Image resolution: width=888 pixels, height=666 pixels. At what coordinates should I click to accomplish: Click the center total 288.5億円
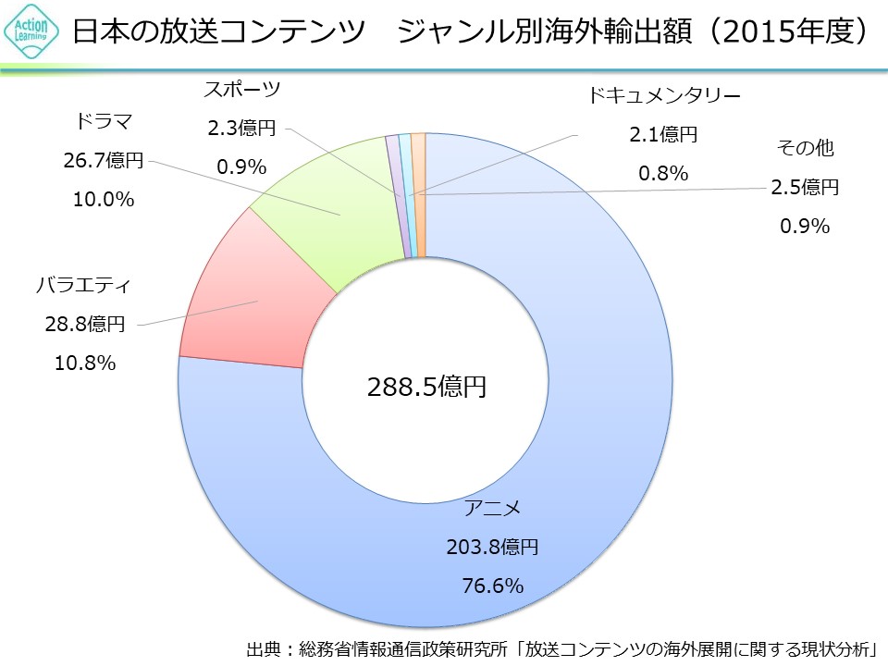(425, 387)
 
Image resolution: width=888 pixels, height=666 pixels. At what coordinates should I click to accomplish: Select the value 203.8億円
(492, 547)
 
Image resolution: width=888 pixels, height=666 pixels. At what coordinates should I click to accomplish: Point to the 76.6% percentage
(492, 586)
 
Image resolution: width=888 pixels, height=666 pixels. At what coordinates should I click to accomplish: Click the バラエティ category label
(83, 285)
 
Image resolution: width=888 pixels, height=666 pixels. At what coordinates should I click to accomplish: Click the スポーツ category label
(241, 90)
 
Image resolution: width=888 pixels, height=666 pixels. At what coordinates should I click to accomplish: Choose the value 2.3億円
(241, 129)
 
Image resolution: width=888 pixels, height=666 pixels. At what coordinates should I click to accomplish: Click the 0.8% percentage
(663, 173)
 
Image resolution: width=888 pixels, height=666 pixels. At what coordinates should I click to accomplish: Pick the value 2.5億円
(805, 188)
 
